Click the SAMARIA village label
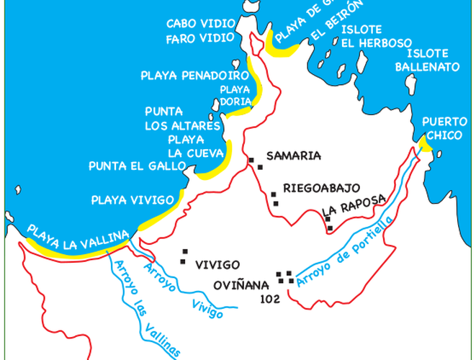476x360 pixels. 293,155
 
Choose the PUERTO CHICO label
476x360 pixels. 442,127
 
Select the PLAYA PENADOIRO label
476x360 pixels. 191,74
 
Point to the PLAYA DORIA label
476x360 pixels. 233,95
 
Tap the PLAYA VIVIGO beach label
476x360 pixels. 133,199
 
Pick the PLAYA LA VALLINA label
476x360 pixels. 78,239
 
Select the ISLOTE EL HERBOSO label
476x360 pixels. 367,36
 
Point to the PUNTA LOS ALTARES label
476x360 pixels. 182,119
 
